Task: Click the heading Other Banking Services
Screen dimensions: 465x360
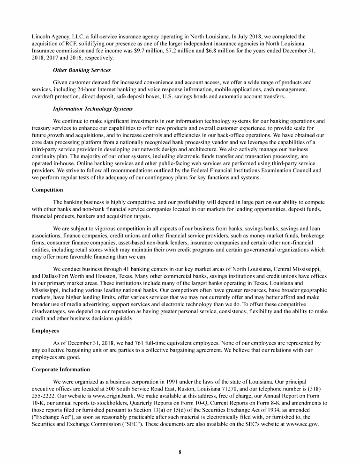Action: pos(82,70)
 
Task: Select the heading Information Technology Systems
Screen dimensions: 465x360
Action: pos(93,109)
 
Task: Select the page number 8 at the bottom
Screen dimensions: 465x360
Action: pos(180,451)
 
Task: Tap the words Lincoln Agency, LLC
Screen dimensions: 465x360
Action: pos(55,36)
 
